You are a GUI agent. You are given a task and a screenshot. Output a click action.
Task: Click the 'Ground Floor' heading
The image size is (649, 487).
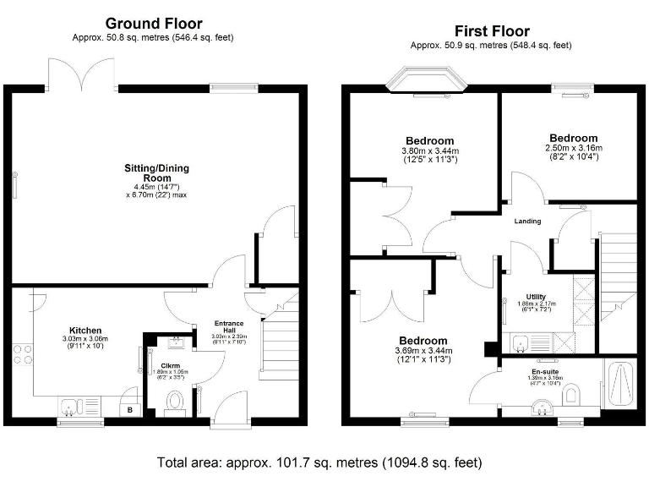[153, 23]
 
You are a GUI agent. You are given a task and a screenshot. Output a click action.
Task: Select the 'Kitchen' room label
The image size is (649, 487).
[85, 330]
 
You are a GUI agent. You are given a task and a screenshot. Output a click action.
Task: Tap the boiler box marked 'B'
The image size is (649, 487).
[128, 410]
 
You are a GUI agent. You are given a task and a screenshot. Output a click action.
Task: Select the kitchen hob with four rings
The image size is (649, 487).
[23, 356]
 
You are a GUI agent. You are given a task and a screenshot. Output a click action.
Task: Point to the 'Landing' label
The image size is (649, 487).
[528, 222]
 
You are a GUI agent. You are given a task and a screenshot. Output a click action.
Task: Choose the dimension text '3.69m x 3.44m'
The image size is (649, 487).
[424, 350]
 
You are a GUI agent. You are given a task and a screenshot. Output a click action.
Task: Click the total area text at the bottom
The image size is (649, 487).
[319, 462]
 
